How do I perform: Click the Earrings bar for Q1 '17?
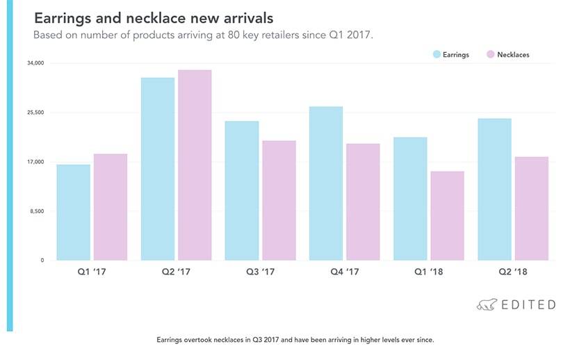point(74,212)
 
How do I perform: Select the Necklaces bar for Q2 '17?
point(195,165)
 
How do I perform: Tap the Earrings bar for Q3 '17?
point(242,190)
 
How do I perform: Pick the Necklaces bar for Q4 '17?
point(363,202)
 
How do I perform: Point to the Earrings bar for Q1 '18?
point(410,199)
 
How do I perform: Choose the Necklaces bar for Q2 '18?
point(532,208)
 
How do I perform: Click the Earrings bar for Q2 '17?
point(158,169)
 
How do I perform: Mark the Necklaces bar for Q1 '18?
point(447,215)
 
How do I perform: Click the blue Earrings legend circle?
point(437,54)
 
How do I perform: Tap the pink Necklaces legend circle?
point(491,54)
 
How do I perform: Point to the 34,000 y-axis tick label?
point(35,63)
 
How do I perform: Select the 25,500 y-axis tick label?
point(35,113)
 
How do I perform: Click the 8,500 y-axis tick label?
point(36,211)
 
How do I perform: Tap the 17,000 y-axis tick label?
point(35,162)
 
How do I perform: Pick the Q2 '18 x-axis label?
point(514,272)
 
